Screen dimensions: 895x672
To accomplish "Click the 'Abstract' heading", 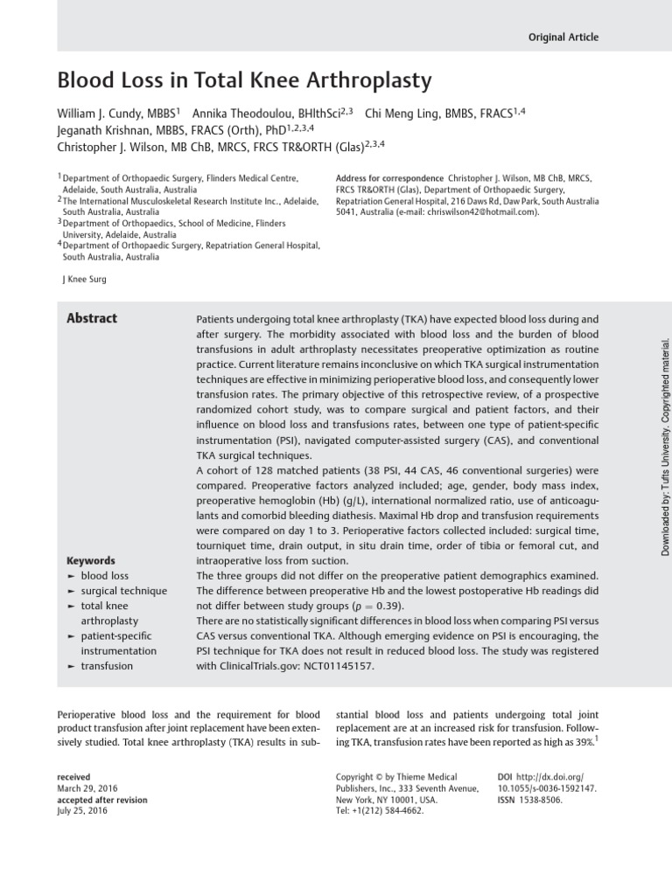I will coord(92,319).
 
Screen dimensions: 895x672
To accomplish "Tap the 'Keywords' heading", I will coord(90,561).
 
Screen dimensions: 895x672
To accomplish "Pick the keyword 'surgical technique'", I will coord(123,591).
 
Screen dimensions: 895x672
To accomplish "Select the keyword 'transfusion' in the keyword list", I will coord(107,666).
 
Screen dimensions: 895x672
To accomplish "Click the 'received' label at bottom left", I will coord(73,777).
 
